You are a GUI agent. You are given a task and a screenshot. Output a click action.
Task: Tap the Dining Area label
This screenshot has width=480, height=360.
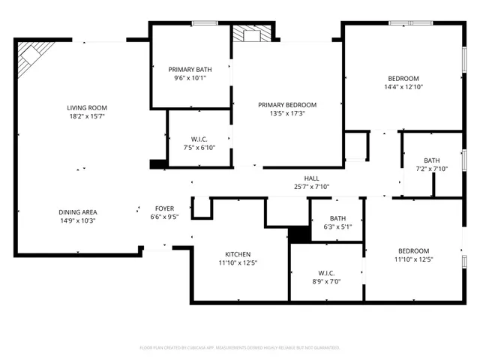[x=78, y=211]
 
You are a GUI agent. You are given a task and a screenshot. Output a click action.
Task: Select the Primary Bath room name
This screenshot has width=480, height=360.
[x=189, y=69]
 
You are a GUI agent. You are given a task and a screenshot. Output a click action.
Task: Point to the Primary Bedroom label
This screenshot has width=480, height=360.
[x=287, y=105]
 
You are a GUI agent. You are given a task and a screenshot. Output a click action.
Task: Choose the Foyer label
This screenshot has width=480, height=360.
[x=164, y=208]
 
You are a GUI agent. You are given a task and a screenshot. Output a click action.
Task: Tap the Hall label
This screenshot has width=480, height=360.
[x=311, y=178]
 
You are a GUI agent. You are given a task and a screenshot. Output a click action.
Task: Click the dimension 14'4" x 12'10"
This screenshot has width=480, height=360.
[x=403, y=87]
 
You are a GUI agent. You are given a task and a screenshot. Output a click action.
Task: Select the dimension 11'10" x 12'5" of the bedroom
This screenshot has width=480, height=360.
[x=413, y=259]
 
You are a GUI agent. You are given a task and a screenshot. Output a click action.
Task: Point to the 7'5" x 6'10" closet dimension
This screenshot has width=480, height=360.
[x=199, y=148]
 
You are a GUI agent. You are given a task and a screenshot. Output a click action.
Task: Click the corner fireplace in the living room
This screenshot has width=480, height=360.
[x=33, y=54]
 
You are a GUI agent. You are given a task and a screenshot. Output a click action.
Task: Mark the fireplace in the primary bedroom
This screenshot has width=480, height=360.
[x=250, y=34]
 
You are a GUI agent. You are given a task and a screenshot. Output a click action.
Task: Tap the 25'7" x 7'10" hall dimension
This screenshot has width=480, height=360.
[x=311, y=187]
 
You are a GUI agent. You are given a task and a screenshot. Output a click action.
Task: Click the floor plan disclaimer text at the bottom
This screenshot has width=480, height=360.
[x=240, y=348]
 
